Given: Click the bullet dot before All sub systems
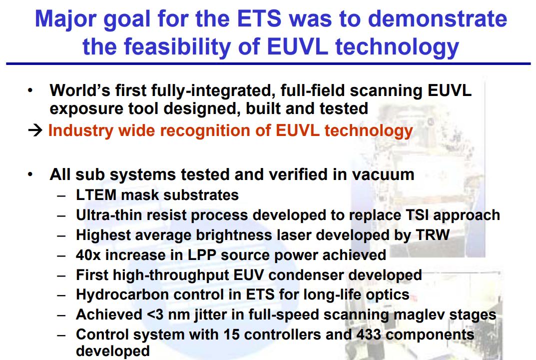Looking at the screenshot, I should (31, 174).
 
